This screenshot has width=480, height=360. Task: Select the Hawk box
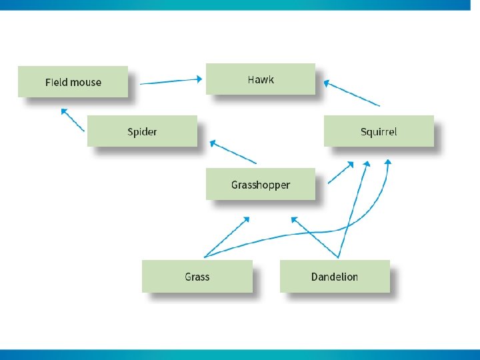coord(261,79)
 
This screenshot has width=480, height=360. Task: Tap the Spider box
coord(142,131)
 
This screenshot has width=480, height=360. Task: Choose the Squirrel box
coord(378,131)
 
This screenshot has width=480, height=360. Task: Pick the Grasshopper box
coord(261,184)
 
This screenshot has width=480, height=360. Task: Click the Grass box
coord(197,276)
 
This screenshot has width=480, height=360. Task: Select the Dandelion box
coord(334,276)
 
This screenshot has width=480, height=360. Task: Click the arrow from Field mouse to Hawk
coord(170,81)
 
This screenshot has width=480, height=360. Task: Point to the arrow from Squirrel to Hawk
coord(352,93)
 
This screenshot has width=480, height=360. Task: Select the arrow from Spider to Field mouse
coord(73,119)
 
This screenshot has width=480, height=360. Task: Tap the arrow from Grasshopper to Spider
coord(233,152)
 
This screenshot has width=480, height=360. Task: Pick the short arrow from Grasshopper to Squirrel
coord(341,173)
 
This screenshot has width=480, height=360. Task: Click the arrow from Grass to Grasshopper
coord(227,237)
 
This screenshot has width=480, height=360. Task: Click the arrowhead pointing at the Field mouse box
coord(63,111)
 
